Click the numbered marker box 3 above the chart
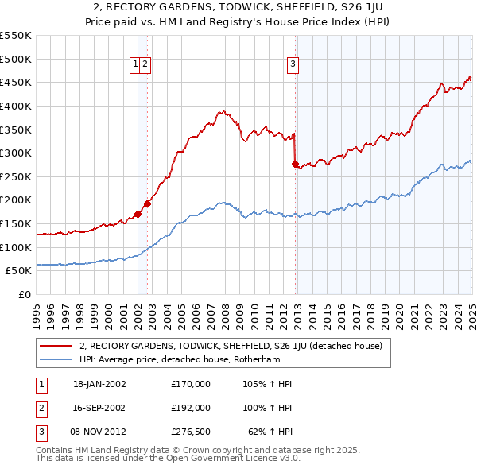(293, 65)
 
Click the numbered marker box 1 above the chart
(136, 65)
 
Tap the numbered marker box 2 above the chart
(146, 65)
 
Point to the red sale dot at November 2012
(295, 164)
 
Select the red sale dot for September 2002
(147, 203)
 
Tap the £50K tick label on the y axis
(19, 271)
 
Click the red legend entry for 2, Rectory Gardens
(231, 346)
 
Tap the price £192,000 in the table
(190, 407)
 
